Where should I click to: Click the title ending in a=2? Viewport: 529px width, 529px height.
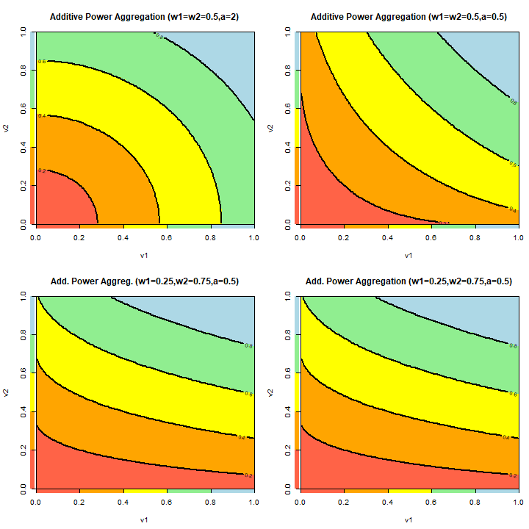point(144,16)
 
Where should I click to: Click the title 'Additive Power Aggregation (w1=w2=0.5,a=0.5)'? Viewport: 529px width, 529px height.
point(409,16)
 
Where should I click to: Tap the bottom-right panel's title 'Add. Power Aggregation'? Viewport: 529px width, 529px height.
point(409,281)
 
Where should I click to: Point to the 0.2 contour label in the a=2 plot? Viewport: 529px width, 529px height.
point(42,170)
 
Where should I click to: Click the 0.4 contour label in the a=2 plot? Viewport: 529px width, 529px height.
point(42,116)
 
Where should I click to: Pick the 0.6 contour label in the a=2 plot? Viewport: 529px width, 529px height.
point(42,62)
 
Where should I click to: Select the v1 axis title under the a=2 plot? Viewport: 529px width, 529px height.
point(144,256)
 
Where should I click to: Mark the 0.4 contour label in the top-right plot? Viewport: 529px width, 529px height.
point(513,209)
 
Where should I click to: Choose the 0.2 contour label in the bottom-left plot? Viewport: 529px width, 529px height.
point(248,475)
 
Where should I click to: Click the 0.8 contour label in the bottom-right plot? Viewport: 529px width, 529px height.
point(513,345)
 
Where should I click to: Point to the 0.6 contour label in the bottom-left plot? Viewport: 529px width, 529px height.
point(248,395)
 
